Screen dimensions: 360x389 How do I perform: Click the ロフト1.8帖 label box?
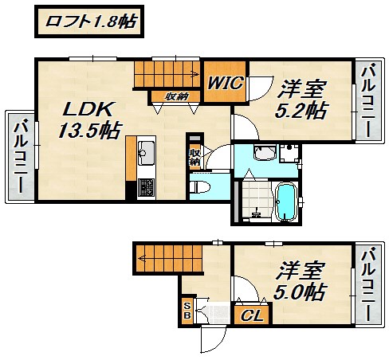click(88, 22)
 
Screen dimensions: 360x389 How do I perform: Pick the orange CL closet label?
click(252, 315)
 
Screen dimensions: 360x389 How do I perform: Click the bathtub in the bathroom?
click(284, 200)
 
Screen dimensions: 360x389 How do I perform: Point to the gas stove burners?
click(146, 188)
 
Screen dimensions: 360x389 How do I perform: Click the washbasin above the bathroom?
click(265, 154)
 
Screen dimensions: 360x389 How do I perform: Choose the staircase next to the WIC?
click(166, 75)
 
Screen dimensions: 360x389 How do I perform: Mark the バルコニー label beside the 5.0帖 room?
click(368, 284)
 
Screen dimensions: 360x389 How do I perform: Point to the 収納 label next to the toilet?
click(194, 157)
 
